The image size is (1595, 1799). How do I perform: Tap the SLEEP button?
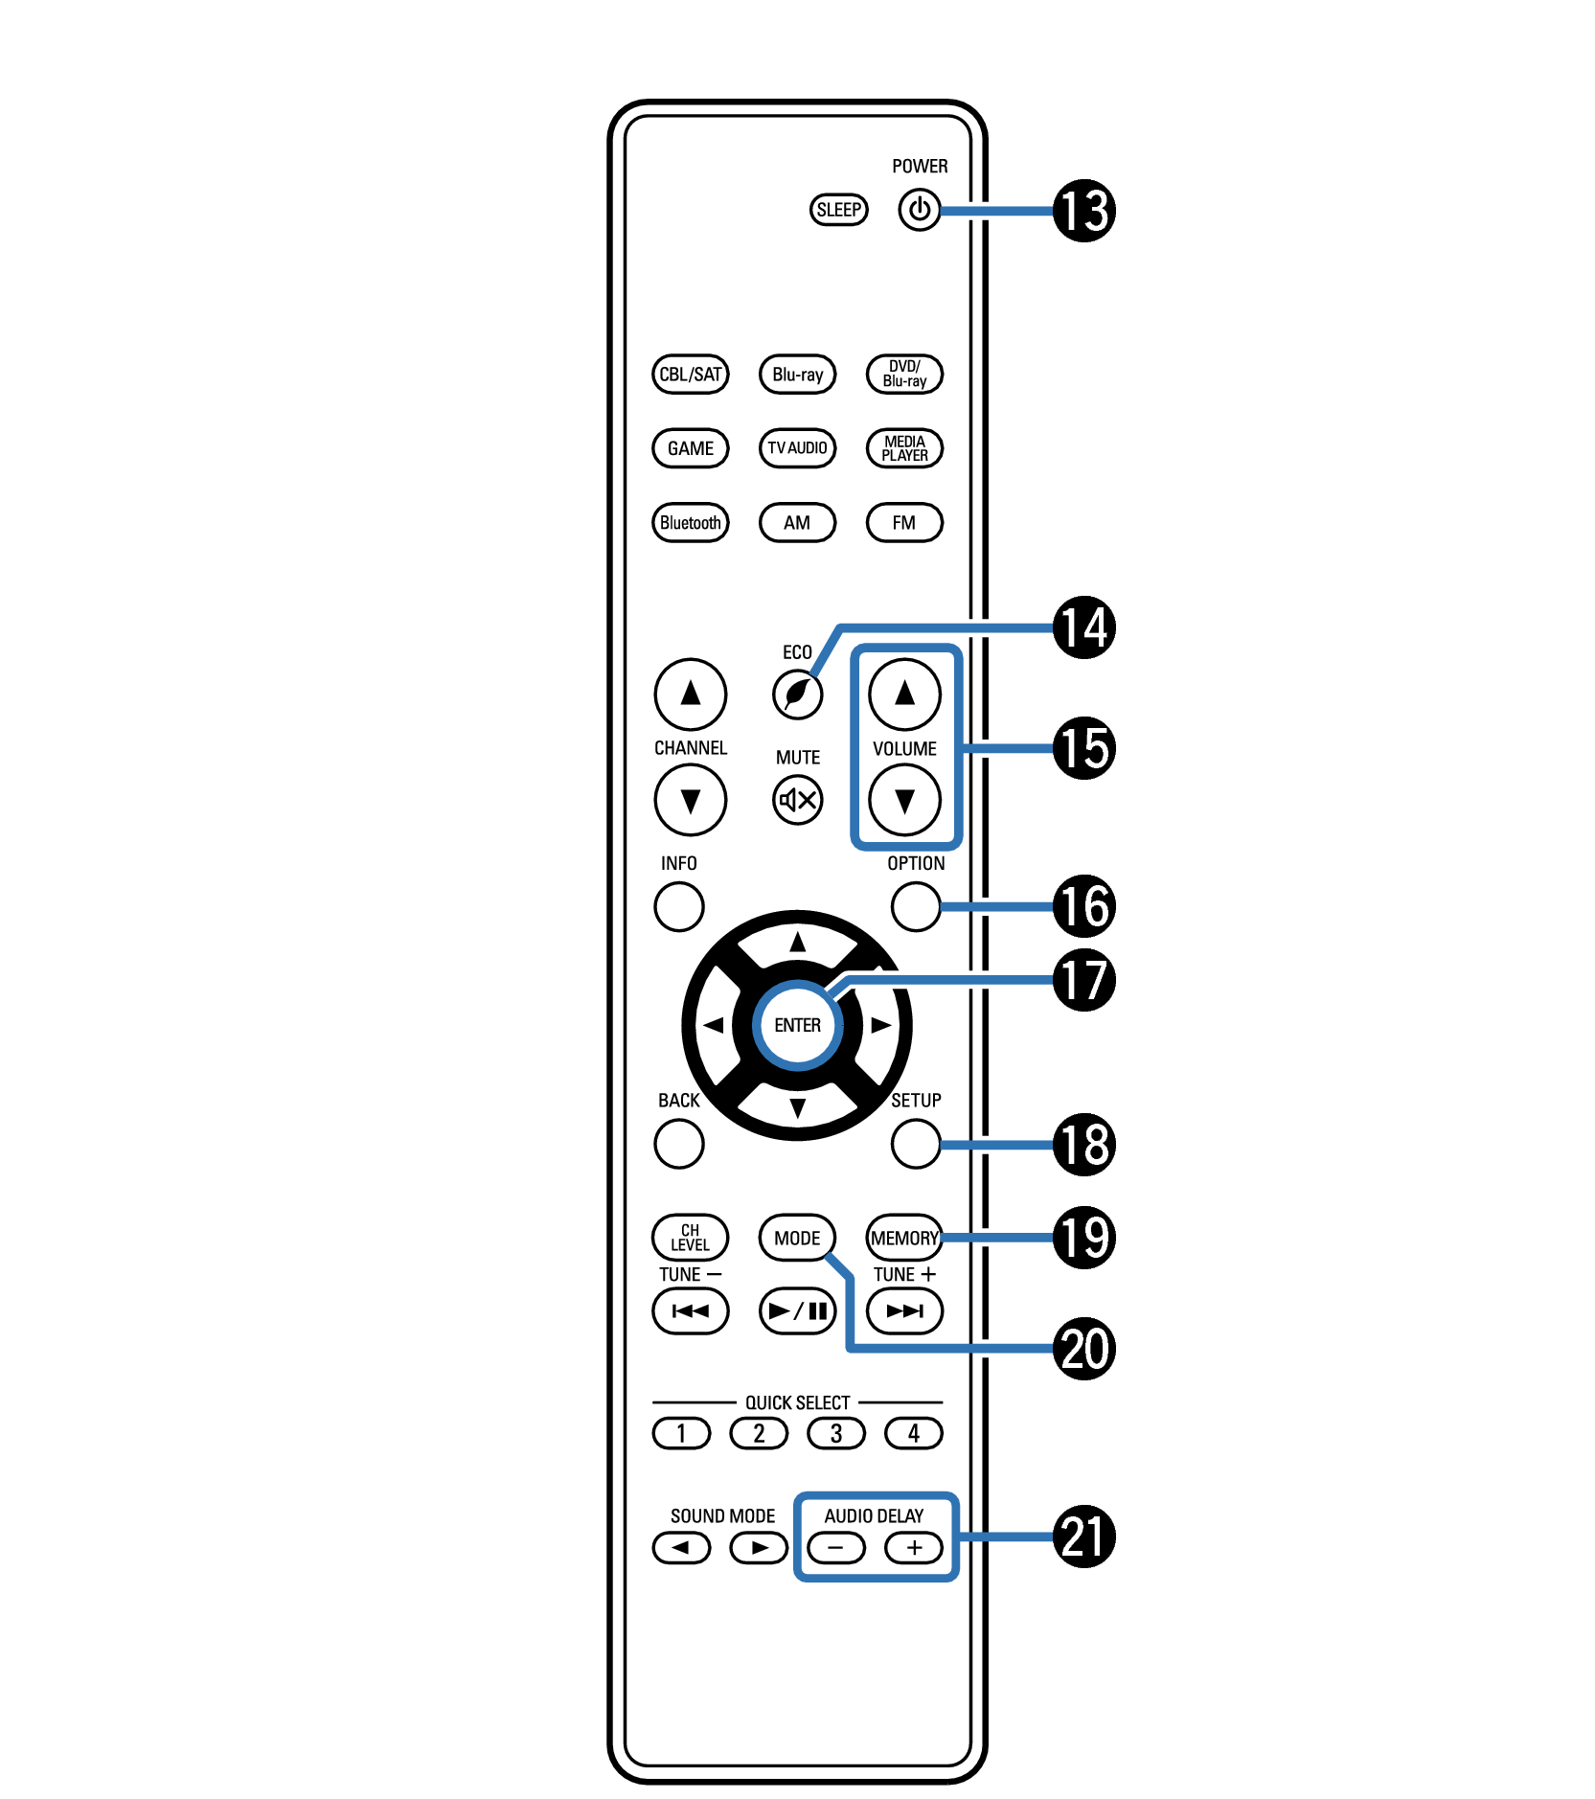[x=838, y=210]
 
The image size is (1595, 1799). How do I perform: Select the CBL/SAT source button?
[x=690, y=374]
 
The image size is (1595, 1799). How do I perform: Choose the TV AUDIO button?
[x=797, y=447]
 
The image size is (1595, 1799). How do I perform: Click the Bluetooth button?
[x=690, y=522]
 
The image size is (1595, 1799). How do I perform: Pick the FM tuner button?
[x=903, y=522]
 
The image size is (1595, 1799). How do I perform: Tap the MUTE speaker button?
[x=797, y=799]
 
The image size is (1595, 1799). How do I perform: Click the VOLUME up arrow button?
[x=904, y=694]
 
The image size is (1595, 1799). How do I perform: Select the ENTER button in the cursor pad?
[x=797, y=1025]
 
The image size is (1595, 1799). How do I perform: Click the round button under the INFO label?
[x=679, y=906]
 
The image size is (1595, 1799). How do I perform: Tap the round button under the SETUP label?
[x=916, y=1144]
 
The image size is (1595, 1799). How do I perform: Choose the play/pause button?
[x=797, y=1310]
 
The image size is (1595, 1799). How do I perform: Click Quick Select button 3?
[x=836, y=1433]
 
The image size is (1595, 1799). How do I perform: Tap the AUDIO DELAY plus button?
[x=914, y=1547]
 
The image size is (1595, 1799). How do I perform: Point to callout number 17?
[x=1084, y=979]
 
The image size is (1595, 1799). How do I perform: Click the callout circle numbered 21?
[x=1084, y=1537]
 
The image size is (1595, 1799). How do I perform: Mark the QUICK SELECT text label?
[x=797, y=1402]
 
